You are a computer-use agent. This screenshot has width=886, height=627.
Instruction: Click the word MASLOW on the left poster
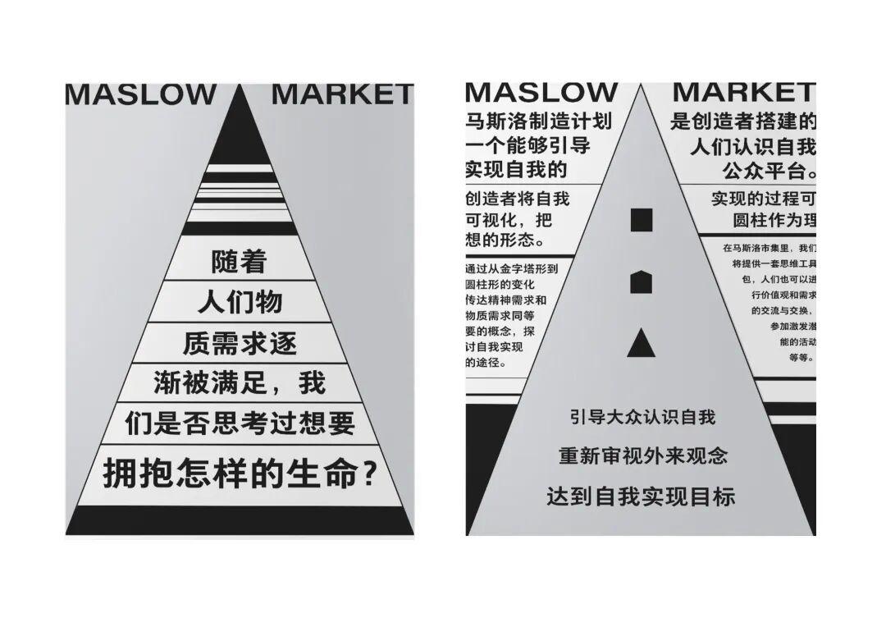tap(140, 94)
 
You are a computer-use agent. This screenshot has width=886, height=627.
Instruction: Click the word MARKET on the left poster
tap(342, 94)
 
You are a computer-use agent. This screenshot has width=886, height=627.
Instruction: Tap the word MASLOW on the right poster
tap(541, 92)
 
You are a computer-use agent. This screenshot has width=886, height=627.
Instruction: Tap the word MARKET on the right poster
tap(743, 92)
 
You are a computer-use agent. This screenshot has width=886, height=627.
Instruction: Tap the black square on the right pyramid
tap(642, 220)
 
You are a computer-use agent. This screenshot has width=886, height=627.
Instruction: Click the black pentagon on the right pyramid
tap(642, 282)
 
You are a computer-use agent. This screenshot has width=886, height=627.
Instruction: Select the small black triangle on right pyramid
tap(642, 343)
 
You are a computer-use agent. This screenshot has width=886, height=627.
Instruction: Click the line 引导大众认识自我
tap(642, 417)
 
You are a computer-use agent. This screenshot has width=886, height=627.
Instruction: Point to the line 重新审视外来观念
tap(642, 455)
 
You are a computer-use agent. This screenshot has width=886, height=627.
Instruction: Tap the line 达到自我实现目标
tap(642, 496)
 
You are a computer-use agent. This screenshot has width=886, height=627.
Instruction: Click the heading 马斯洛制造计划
tap(538, 122)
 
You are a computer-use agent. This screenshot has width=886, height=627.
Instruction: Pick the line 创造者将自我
tap(517, 199)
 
